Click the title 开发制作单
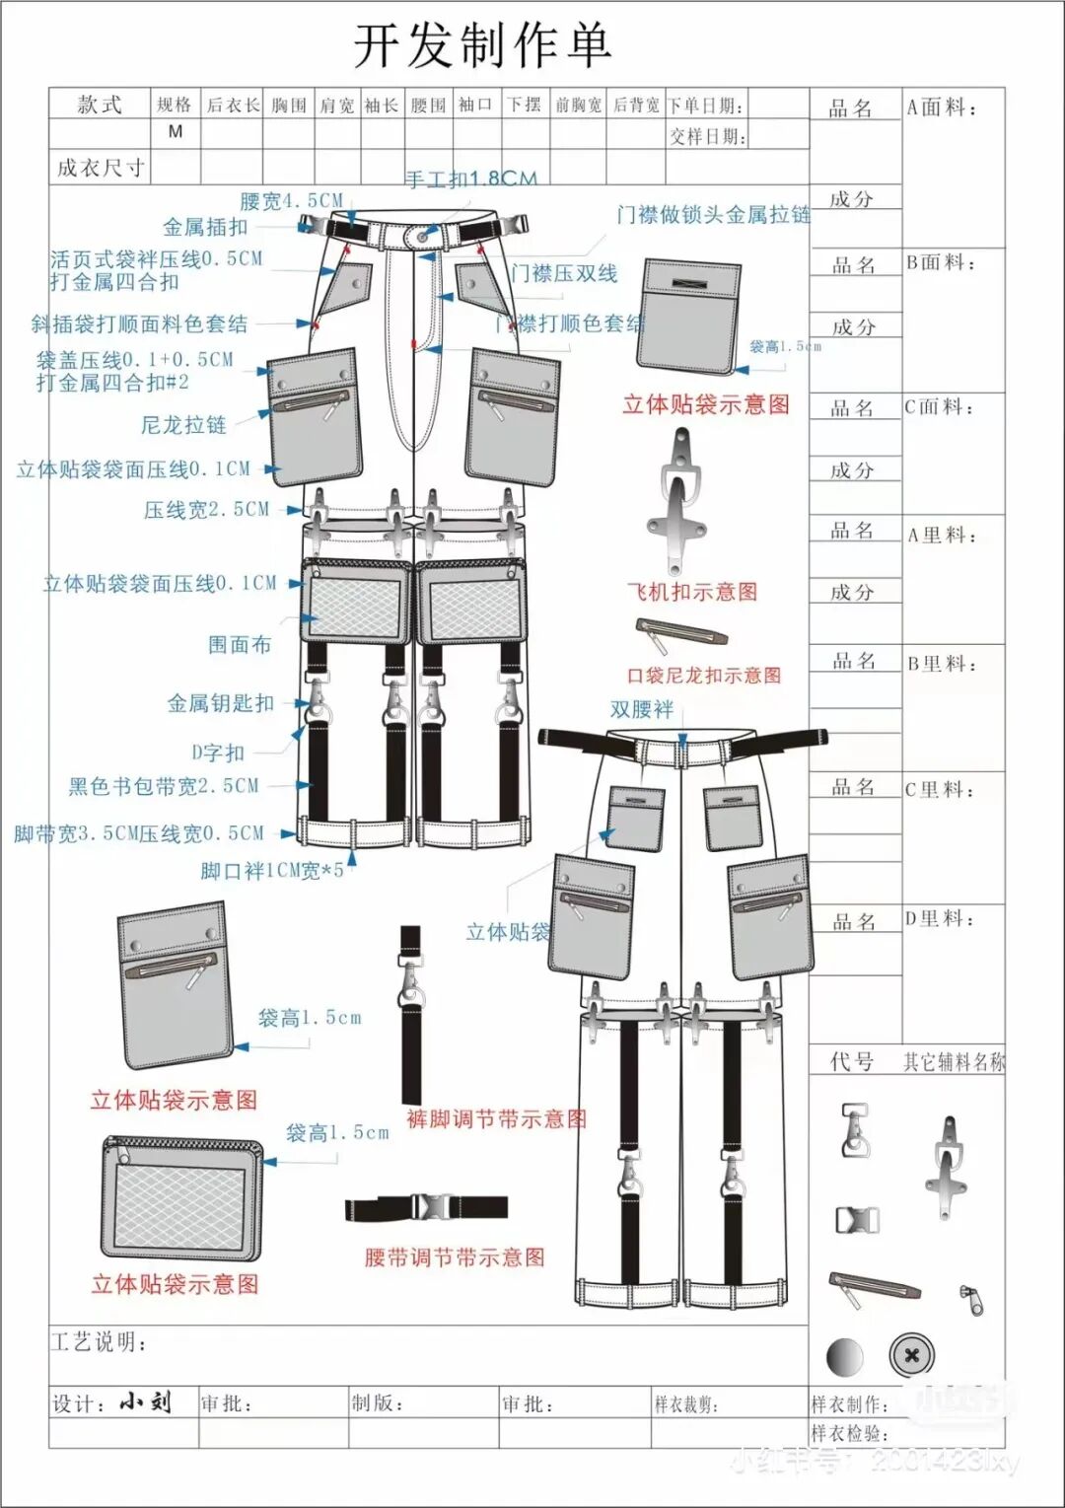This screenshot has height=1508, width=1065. click(482, 45)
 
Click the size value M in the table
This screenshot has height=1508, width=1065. click(176, 131)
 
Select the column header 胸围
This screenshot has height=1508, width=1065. click(289, 106)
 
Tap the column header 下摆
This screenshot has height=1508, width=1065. click(524, 105)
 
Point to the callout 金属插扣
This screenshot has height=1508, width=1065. click(205, 227)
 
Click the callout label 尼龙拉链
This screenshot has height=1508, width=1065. click(183, 425)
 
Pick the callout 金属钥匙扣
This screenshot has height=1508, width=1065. click(221, 703)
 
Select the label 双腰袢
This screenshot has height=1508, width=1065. click(641, 709)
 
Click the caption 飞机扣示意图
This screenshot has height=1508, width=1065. click(692, 592)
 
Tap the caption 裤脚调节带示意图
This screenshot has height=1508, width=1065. click(496, 1119)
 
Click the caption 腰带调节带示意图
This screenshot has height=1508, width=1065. click(455, 1257)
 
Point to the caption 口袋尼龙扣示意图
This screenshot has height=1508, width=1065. click(704, 676)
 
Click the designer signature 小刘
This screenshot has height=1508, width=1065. click(145, 1401)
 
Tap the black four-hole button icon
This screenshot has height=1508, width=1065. click(911, 1356)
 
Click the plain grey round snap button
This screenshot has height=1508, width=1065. click(844, 1357)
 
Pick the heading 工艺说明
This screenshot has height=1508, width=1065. click(100, 1342)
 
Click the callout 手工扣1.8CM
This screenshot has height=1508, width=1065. click(471, 179)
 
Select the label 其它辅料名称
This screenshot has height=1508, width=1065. click(954, 1062)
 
